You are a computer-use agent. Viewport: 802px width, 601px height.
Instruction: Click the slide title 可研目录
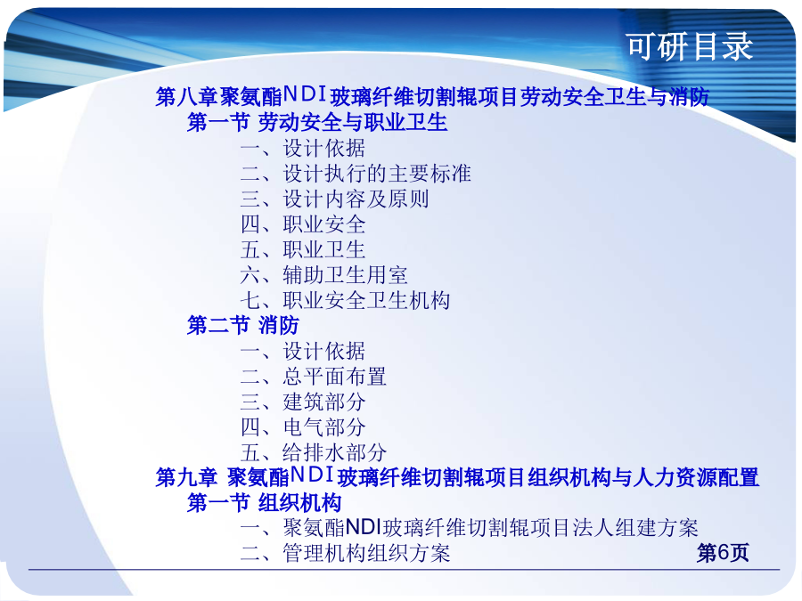pos(690,46)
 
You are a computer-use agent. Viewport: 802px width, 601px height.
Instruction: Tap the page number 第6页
pos(723,552)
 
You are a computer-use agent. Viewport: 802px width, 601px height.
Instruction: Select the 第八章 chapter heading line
pos(432,96)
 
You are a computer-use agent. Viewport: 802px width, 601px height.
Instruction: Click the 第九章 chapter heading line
pos(457,477)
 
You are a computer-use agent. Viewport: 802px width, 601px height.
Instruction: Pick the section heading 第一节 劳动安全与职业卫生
pos(317,122)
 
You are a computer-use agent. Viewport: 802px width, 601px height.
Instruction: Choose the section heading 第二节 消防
pos(243,325)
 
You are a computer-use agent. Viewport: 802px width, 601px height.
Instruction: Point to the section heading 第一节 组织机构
pos(264,502)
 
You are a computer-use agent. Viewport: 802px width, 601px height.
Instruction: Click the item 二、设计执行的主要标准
pos(356,174)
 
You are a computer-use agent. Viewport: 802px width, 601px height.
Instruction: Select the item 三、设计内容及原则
pos(334,199)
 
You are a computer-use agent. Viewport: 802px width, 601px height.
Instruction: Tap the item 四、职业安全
pos(303,224)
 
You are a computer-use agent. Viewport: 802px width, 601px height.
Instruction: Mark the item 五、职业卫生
pos(303,249)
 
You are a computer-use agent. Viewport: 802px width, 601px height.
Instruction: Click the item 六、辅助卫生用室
pos(323,275)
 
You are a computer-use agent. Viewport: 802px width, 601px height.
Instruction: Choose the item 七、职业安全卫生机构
pos(345,300)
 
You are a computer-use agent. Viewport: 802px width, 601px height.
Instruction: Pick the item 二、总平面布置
pos(314,377)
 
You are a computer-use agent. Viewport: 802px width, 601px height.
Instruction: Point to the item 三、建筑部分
pos(303,402)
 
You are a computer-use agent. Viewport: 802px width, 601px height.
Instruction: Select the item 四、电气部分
pos(303,427)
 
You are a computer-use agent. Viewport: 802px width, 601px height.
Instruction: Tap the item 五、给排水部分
pos(314,452)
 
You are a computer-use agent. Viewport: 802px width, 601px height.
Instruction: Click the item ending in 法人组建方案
pos(469,527)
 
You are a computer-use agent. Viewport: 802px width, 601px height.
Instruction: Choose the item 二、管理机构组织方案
pos(345,553)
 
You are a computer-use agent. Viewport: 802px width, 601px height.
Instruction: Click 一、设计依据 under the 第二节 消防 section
pos(303,351)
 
